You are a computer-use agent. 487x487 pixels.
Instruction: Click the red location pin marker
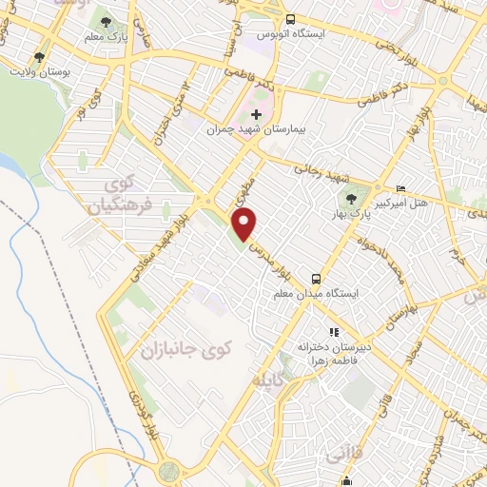pyautogui.click(x=244, y=224)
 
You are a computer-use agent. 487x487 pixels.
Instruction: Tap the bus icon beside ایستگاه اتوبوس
pyautogui.click(x=290, y=20)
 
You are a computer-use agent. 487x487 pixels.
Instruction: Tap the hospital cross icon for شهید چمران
pyautogui.click(x=256, y=115)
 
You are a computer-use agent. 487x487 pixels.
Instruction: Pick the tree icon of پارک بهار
pyautogui.click(x=353, y=199)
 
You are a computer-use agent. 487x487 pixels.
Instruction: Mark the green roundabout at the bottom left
pyautogui.click(x=170, y=470)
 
